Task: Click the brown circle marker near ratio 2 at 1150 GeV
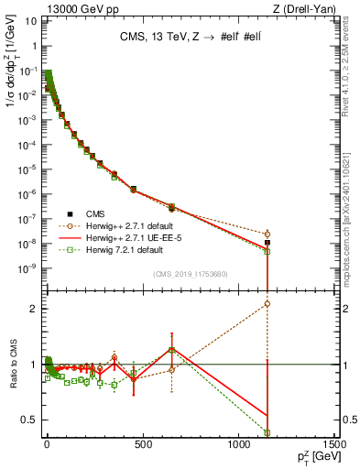267,303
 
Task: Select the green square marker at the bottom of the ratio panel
267,432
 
